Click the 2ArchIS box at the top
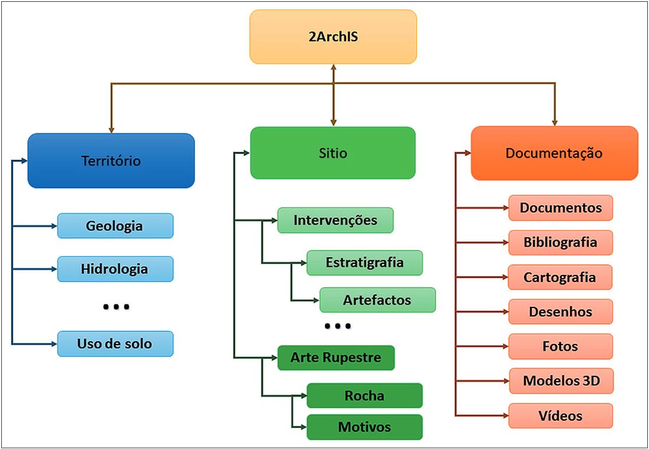pyautogui.click(x=333, y=37)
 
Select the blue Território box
pyautogui.click(x=111, y=160)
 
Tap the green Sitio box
pyautogui.click(x=332, y=153)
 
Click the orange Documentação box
pyautogui.click(x=554, y=153)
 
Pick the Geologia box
pyautogui.click(x=115, y=226)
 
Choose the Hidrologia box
pyautogui.click(x=115, y=269)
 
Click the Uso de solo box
pyautogui.click(x=115, y=343)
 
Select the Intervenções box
pyautogui.click(x=335, y=221)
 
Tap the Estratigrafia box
pyautogui.click(x=364, y=263)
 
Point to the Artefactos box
pyautogui.click(x=377, y=300)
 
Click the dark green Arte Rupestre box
pyautogui.click(x=335, y=358)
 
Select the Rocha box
pyautogui.click(x=364, y=395)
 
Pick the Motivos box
pyautogui.click(x=364, y=427)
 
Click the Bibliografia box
pyautogui.click(x=560, y=242)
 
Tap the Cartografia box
pyautogui.click(x=560, y=277)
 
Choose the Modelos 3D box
pyautogui.click(x=560, y=381)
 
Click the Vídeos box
pyautogui.click(x=560, y=416)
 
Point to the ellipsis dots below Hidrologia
pyautogui.click(x=116, y=307)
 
